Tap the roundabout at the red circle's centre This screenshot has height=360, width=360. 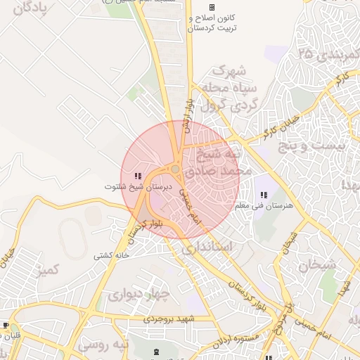[175, 169]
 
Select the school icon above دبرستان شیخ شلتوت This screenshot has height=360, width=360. [138, 176]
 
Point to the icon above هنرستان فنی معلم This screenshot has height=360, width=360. [264, 195]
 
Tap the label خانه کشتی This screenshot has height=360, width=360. [113, 255]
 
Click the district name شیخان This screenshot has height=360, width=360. [317, 265]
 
